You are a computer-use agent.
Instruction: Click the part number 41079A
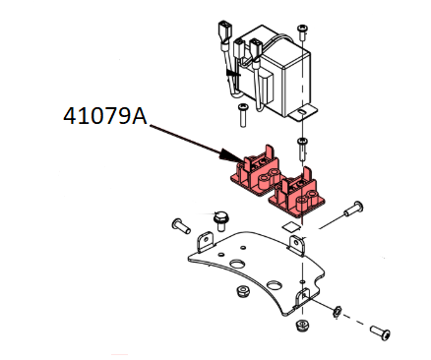pos(105,116)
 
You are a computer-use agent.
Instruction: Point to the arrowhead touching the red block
pos(229,156)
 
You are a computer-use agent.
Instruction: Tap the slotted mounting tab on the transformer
pos(304,113)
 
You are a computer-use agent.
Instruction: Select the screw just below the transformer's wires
pos(243,114)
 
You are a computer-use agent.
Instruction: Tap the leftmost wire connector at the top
pos(223,32)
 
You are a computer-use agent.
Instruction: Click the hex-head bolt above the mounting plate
pos(220,221)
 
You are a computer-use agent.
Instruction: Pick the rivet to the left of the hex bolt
pos(181,226)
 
